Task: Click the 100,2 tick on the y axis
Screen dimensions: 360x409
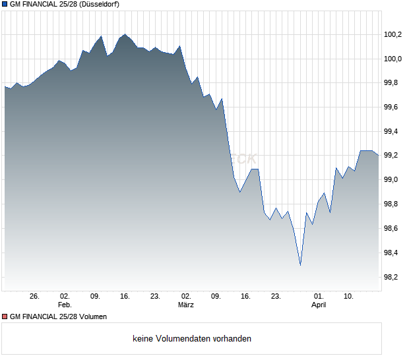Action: [394, 35]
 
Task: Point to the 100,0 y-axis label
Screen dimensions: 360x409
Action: [394, 59]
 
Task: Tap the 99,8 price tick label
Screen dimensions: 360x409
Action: [394, 83]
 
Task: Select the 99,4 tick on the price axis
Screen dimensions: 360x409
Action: [394, 131]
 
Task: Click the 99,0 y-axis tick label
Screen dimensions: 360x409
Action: [394, 180]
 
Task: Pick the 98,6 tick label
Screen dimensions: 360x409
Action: [394, 228]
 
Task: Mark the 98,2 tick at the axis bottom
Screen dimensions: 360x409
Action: [394, 277]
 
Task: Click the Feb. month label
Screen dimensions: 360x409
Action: [65, 305]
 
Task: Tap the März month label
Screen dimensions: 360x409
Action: [186, 305]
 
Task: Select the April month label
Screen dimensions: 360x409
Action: [319, 305]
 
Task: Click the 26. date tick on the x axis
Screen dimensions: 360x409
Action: [35, 297]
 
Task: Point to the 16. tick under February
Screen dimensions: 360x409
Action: [125, 297]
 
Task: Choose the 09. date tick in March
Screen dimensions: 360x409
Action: [216, 297]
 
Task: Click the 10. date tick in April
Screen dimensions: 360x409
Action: [349, 297]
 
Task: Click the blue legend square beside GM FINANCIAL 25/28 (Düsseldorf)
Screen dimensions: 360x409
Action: [5, 4]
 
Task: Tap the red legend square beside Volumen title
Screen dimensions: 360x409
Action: [5, 316]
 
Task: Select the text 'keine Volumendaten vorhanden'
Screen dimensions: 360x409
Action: [192, 339]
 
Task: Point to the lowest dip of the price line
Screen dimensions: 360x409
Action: [300, 265]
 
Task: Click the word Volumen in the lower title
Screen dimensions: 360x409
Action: [92, 316]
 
